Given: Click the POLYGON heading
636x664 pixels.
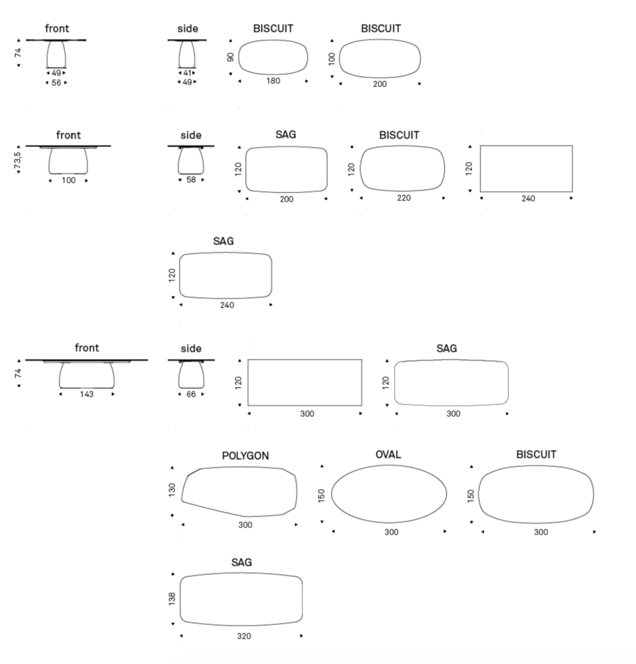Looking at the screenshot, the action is [x=245, y=456].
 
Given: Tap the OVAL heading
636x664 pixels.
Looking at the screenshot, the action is [x=388, y=454].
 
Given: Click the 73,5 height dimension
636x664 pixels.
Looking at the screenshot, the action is [x=18, y=161].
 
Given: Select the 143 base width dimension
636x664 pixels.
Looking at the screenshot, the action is [x=86, y=394].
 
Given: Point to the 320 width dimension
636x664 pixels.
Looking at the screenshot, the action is [x=244, y=636].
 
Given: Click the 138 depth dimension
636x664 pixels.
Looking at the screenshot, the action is [x=172, y=599].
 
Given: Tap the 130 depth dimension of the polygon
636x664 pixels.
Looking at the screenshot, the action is [x=172, y=489].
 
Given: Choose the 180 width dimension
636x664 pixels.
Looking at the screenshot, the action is [x=273, y=81].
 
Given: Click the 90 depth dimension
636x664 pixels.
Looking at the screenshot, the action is [x=231, y=57].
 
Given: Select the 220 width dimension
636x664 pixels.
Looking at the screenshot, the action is [x=404, y=198].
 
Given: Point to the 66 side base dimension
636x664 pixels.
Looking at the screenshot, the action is [x=191, y=394].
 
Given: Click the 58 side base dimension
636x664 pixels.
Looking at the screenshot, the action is [x=191, y=179].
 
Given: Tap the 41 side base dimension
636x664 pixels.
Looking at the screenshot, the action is [x=187, y=73].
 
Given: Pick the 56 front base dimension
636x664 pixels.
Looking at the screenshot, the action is [x=56, y=82].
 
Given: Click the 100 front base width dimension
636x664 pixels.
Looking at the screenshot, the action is [x=68, y=181].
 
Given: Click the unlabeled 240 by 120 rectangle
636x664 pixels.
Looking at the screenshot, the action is [x=480, y=169].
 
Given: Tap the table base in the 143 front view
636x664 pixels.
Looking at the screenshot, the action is [x=87, y=375].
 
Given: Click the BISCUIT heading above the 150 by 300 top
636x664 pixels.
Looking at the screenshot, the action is [x=537, y=454].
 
